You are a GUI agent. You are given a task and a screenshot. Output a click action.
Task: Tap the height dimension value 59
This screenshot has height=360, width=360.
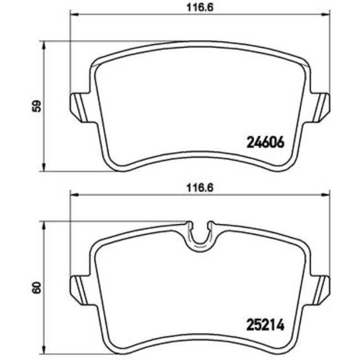pyautogui.click(x=35, y=106)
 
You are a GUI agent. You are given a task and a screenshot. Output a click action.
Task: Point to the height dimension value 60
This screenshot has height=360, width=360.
pyautogui.click(x=35, y=287)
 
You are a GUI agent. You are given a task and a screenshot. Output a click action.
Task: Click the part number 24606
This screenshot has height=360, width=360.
pyautogui.click(x=264, y=142)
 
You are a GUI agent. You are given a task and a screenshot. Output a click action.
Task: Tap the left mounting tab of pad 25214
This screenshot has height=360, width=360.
pyautogui.click(x=77, y=285)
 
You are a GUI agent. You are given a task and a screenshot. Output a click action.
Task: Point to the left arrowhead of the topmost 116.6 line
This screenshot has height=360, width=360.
pyautogui.click(x=72, y=14)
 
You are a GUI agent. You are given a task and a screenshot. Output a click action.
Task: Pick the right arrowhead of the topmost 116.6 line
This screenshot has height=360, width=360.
pyautogui.click(x=327, y=14)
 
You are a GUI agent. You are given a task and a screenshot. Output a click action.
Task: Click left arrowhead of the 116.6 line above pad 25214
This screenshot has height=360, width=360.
pyautogui.click(x=72, y=194)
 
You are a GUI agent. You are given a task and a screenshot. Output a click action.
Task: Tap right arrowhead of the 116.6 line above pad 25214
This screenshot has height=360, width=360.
pyautogui.click(x=327, y=194)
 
